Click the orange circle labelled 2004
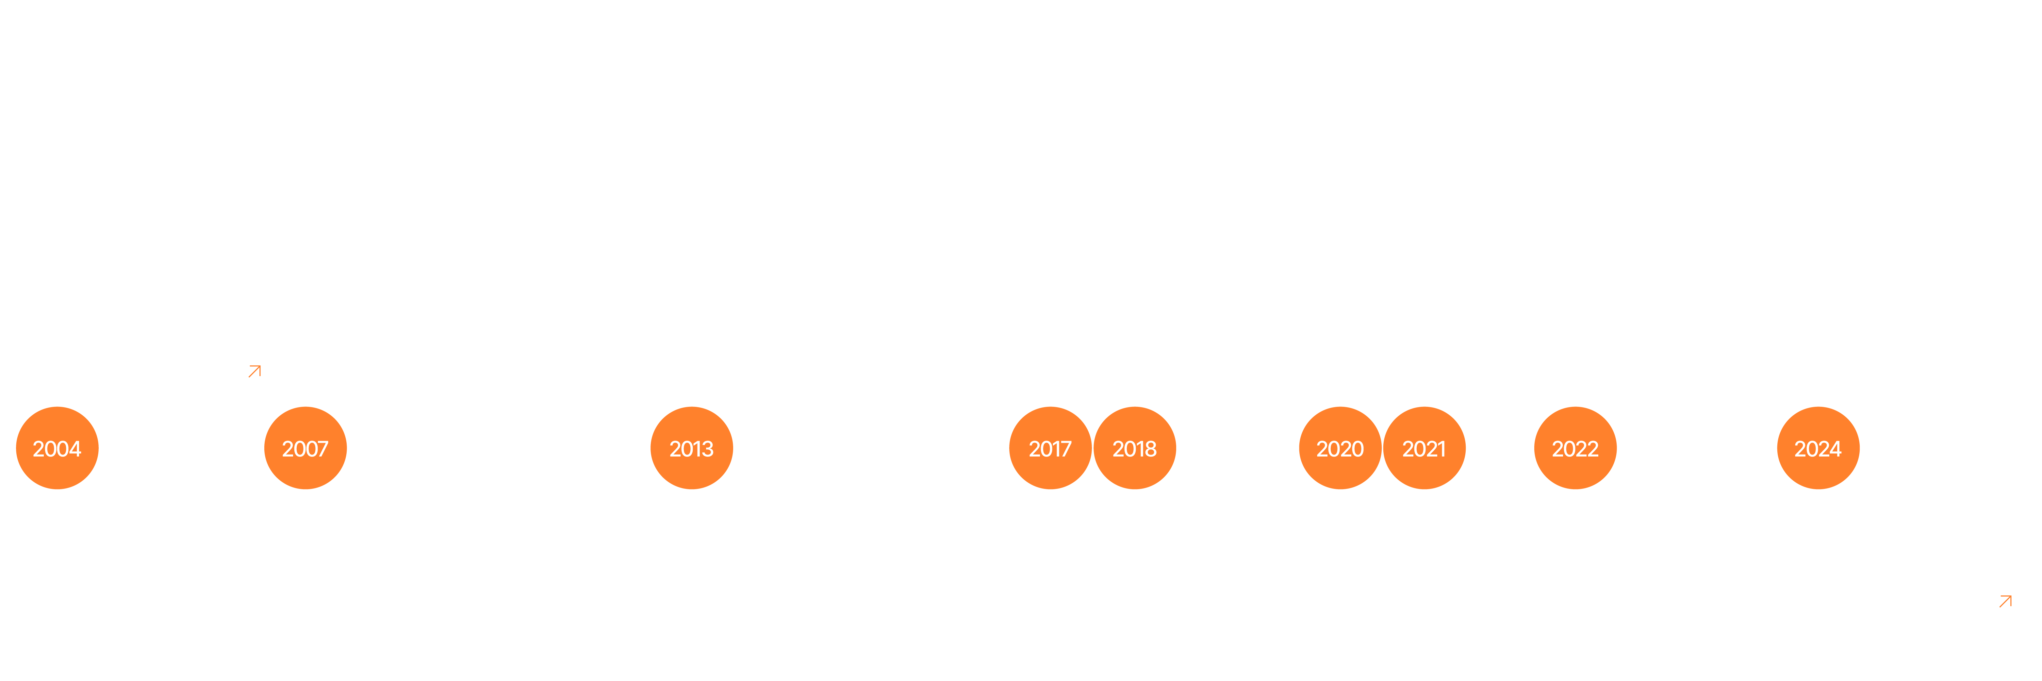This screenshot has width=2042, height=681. click(x=57, y=448)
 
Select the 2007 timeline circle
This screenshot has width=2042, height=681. click(x=305, y=448)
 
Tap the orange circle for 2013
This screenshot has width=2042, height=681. click(x=691, y=448)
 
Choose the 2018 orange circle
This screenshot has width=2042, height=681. click(x=1134, y=448)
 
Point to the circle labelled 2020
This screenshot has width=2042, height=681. click(x=1340, y=448)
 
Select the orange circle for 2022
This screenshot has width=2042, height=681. click(x=1575, y=448)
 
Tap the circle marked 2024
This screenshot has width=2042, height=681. click(x=1818, y=448)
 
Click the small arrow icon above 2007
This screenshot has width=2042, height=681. click(x=255, y=371)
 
